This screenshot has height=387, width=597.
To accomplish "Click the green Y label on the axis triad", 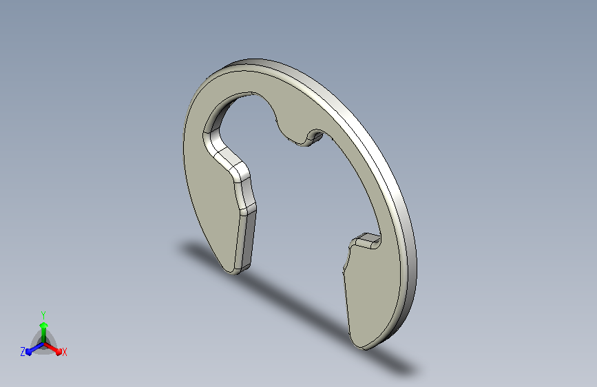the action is coord(43,315).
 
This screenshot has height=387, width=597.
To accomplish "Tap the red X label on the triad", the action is coord(64,352).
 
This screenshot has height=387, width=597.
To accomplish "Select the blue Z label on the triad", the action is coord(23,351).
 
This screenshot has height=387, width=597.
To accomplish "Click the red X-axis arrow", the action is coord(52,348).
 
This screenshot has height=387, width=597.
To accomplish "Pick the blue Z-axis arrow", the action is coord(35,348).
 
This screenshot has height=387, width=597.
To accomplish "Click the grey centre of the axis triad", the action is coord(44,344).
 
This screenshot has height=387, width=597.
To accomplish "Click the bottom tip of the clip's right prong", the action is coord(364,347).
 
